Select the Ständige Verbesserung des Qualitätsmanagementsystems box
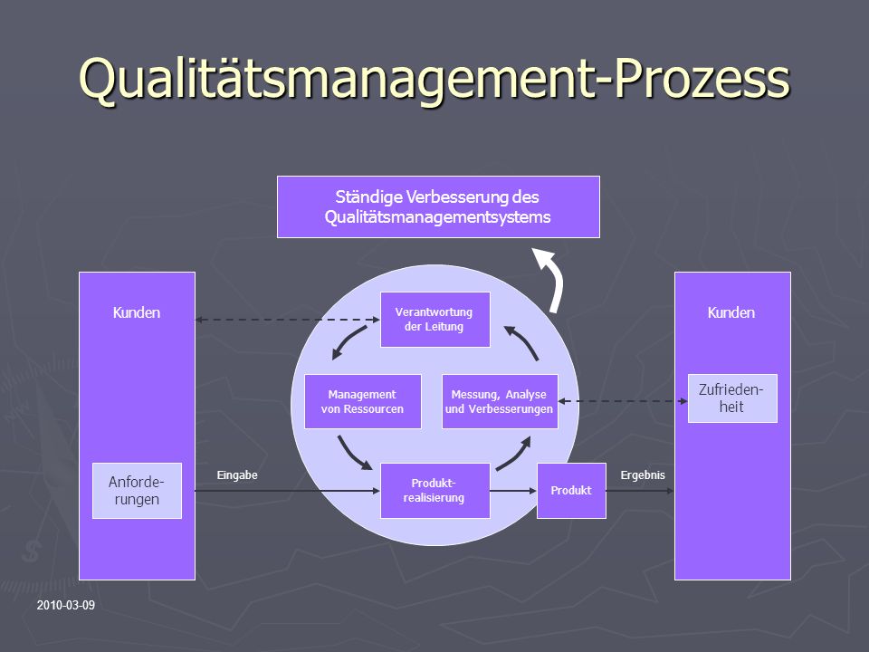[438, 206]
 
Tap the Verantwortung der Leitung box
[435, 320]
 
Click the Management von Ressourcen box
[363, 401]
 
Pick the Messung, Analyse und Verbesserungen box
[500, 401]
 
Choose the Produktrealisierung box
[435, 491]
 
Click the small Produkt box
[571, 491]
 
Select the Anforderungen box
[137, 491]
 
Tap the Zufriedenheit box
[732, 398]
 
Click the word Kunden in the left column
[137, 312]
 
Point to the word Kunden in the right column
[731, 312]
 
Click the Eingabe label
[237, 475]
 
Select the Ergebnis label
[643, 475]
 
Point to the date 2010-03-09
[66, 606]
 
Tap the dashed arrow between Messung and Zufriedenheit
[623, 401]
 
